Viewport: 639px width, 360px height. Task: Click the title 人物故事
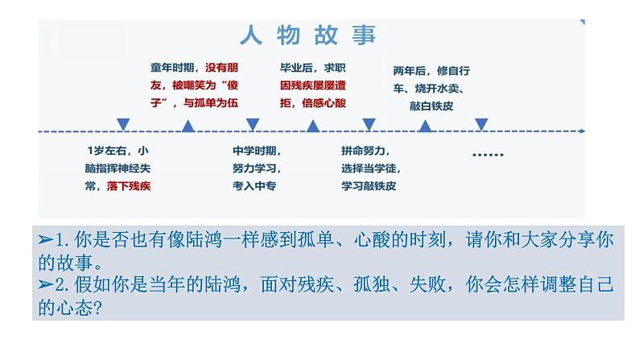point(308,35)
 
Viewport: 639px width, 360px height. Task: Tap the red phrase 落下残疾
point(128,185)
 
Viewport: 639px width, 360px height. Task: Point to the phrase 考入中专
point(255,185)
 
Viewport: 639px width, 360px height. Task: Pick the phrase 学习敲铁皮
point(369,185)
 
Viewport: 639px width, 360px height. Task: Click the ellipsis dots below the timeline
point(486,154)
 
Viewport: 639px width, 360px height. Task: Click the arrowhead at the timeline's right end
point(581,130)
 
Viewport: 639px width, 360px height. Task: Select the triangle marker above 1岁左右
point(123,124)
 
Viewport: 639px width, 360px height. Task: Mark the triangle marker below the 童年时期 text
point(188,126)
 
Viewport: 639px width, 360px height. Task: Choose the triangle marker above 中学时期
point(252,124)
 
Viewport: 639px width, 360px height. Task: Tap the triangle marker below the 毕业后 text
point(313,126)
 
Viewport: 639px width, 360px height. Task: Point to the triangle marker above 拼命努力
point(369,124)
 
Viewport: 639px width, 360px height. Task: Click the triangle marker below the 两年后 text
point(426,126)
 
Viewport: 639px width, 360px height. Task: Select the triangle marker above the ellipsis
point(481,124)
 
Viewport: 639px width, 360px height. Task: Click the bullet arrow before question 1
point(46,239)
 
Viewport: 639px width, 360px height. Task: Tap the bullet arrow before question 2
point(46,284)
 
